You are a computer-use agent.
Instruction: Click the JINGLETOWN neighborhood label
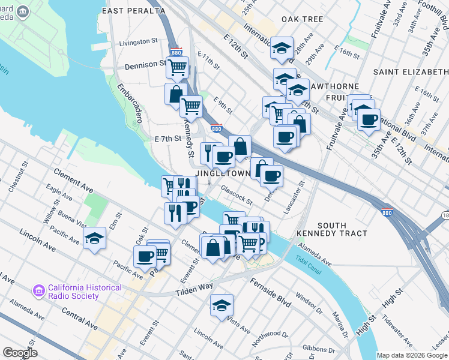(231, 173)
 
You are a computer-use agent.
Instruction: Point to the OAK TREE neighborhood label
(303, 19)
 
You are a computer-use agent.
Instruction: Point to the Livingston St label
(138, 43)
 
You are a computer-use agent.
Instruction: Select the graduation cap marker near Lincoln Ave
(94, 238)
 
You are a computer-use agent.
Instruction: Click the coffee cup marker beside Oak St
(145, 256)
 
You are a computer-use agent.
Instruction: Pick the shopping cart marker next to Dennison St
(177, 68)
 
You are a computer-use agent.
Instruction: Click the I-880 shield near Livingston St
(176, 53)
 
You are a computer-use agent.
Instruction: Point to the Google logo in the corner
(19, 353)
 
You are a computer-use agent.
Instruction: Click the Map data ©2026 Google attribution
(412, 355)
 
